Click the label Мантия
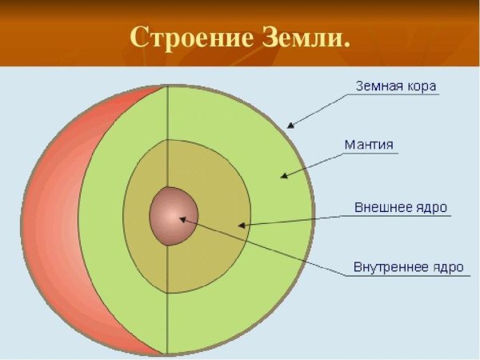pyautogui.click(x=368, y=145)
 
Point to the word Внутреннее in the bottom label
pyautogui.click(x=390, y=266)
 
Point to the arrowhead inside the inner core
pyautogui.click(x=182, y=218)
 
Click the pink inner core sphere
pyautogui.click(x=170, y=216)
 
